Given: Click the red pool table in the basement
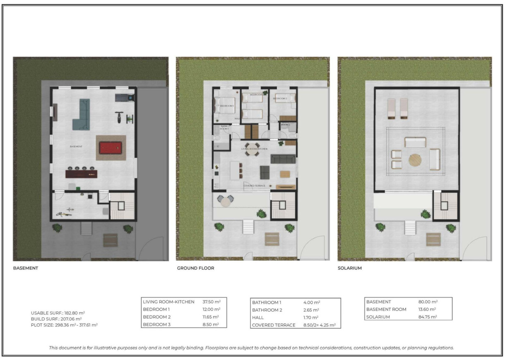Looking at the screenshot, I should [x=111, y=147].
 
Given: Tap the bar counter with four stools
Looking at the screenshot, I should [x=82, y=173].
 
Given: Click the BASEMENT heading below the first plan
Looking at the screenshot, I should [x=26, y=268].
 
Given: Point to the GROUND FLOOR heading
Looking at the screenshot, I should [x=195, y=268].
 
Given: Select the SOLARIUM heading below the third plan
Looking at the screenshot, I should [x=350, y=268].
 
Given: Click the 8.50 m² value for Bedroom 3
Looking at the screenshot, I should [x=210, y=324].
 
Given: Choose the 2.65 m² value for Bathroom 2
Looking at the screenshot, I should [x=311, y=310].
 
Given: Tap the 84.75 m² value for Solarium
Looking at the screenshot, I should [x=428, y=317].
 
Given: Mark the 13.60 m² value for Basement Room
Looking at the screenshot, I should [x=428, y=309].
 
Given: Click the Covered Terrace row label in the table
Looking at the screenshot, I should [x=274, y=325].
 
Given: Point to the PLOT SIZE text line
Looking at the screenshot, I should [x=64, y=325].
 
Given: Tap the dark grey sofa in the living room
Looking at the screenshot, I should [x=283, y=158].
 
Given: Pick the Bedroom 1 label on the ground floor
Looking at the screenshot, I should [x=226, y=106].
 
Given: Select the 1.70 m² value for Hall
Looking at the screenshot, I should [x=310, y=317].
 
